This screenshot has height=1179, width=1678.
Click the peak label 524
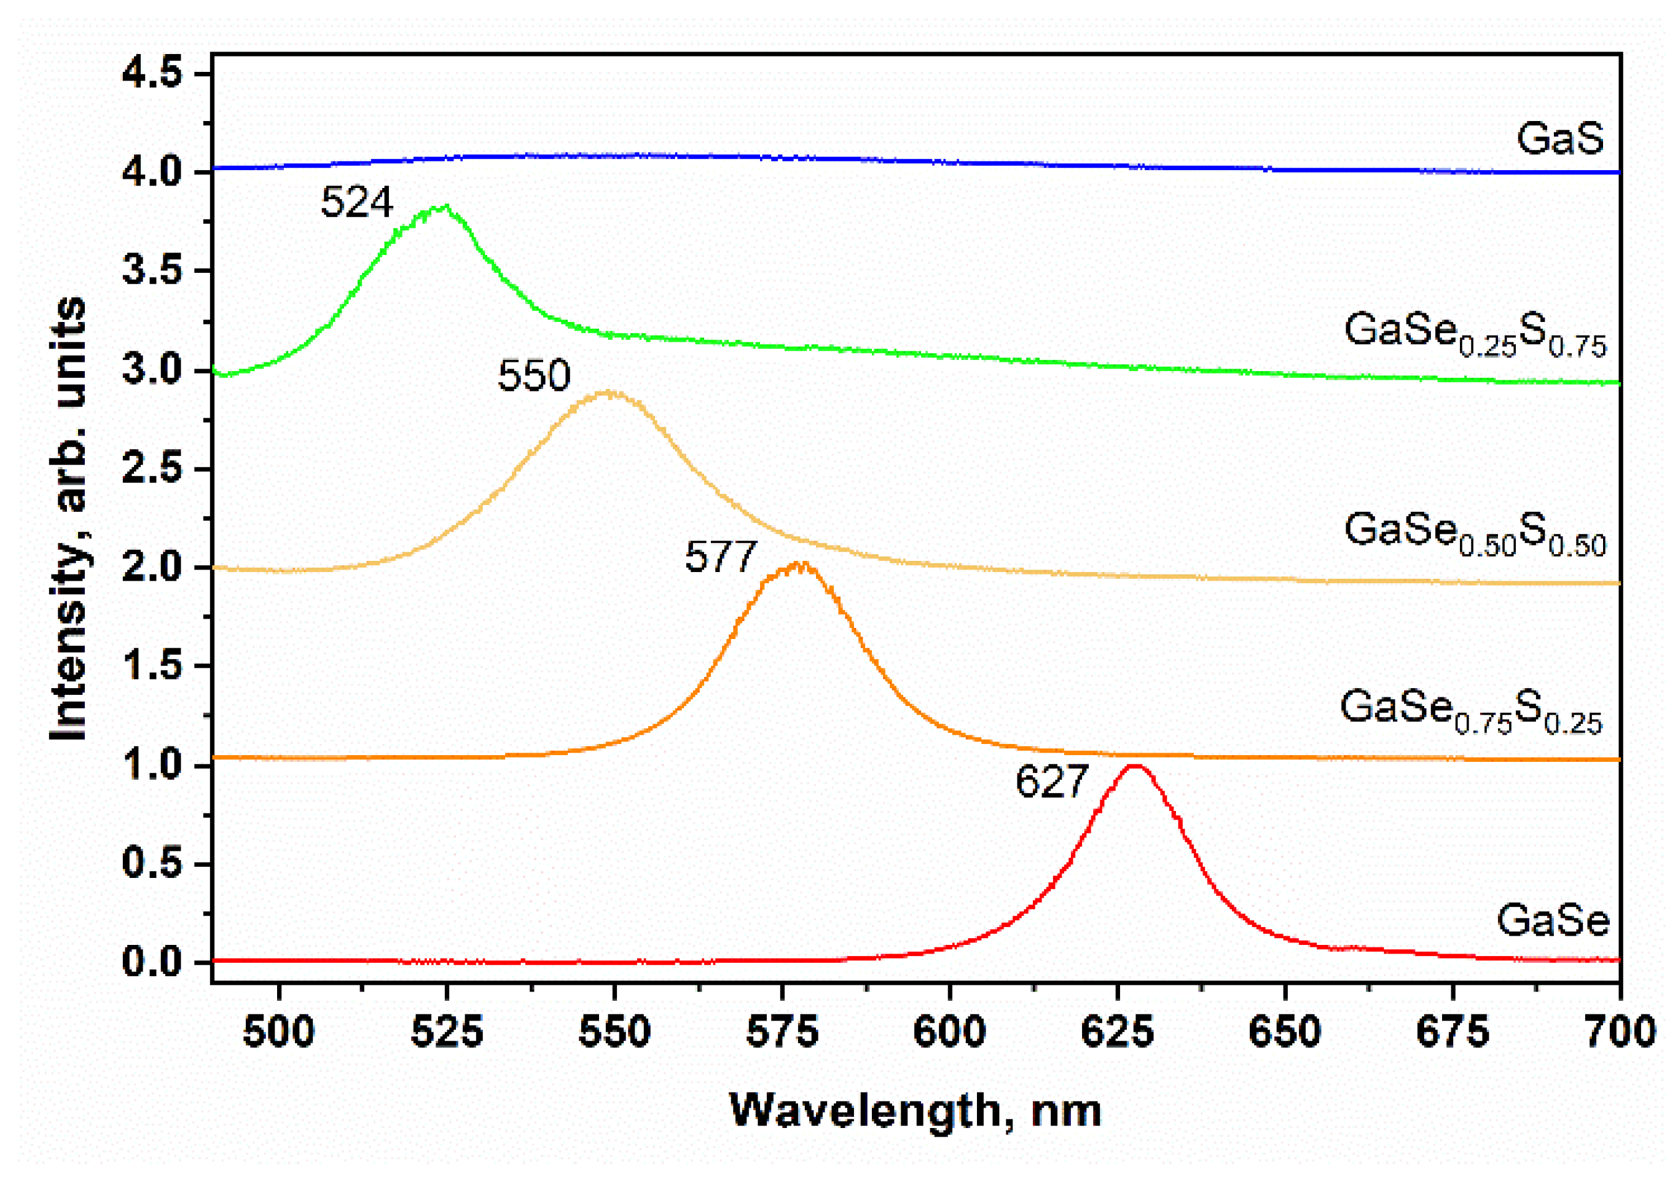pos(356,203)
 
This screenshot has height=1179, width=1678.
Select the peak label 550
pos(533,377)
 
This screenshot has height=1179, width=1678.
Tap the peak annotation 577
pos(720,558)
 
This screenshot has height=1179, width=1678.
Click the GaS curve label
pos(1559,138)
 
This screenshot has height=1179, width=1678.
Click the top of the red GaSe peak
pos(1134,766)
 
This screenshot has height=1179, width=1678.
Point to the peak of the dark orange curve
pos(802,564)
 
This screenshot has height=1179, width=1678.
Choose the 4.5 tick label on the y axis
pos(152,74)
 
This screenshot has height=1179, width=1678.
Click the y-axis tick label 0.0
pos(152,962)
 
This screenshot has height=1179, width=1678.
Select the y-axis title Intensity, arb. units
pos(69,519)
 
